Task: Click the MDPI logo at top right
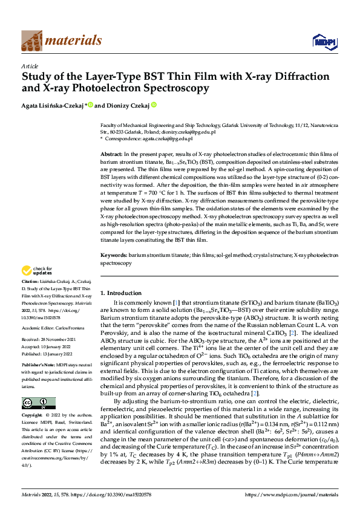click(x=323, y=41)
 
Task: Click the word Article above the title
click(x=30, y=66)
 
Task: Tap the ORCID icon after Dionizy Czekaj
click(x=154, y=105)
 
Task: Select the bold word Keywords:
click(x=113, y=256)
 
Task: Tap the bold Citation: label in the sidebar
click(x=31, y=282)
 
